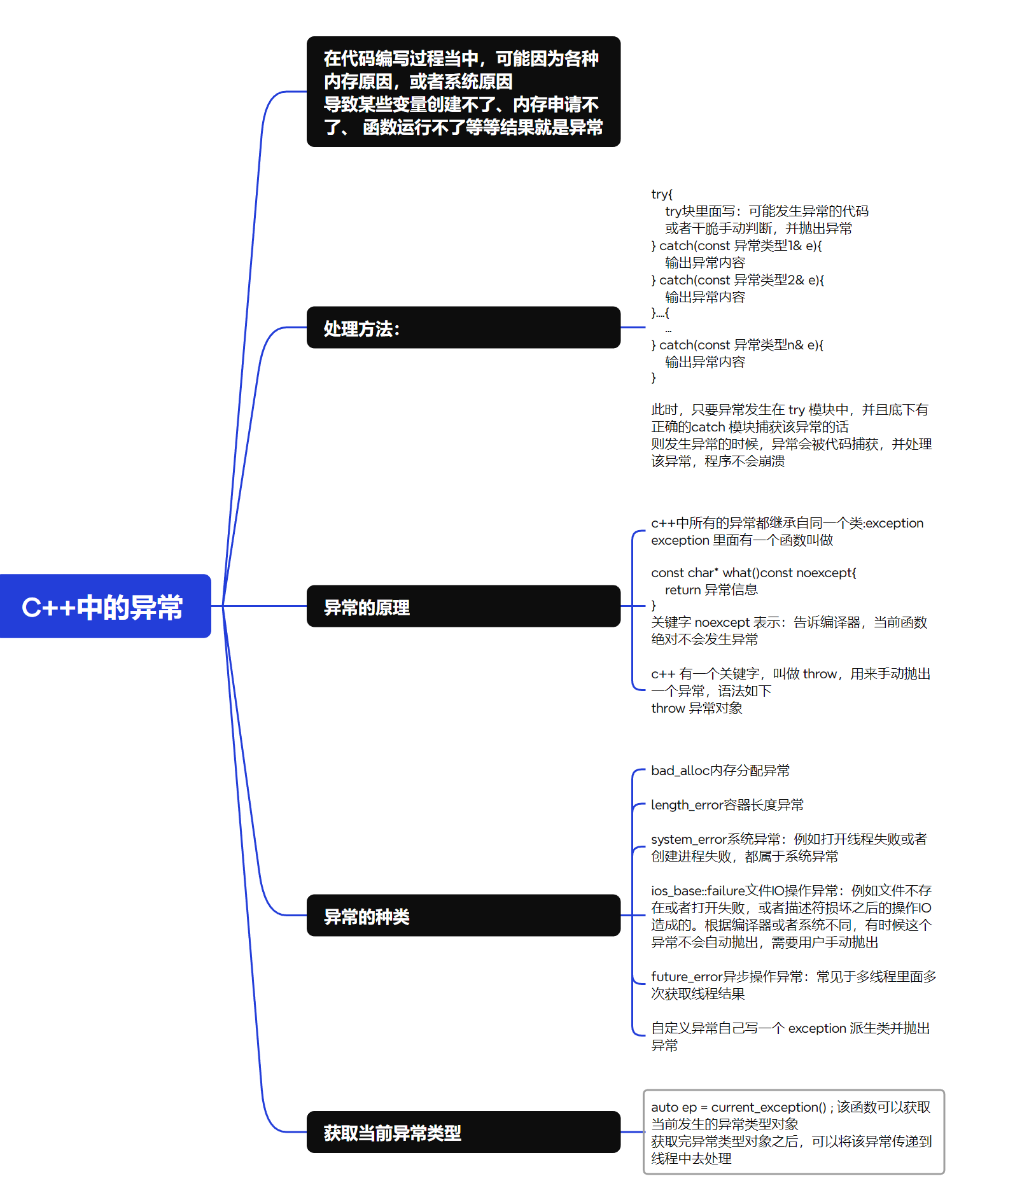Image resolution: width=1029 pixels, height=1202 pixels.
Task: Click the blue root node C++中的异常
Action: (x=105, y=606)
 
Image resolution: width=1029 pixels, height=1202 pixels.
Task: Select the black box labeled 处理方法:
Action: (x=463, y=328)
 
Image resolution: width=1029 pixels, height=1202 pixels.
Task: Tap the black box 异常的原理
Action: (x=463, y=606)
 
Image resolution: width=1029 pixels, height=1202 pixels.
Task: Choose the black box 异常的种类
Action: (x=463, y=915)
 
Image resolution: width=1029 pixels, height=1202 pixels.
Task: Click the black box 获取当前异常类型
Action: (x=463, y=1132)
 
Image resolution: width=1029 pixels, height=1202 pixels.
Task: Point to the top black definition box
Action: (x=463, y=92)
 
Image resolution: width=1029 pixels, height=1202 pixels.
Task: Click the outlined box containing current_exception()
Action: (x=793, y=1132)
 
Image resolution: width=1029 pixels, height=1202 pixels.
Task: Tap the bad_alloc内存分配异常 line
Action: (x=720, y=771)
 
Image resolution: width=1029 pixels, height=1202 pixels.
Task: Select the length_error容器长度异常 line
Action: (x=727, y=805)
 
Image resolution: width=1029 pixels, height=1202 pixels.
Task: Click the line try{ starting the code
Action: (x=662, y=194)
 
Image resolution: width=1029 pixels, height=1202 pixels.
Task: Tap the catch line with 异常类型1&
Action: (x=736, y=246)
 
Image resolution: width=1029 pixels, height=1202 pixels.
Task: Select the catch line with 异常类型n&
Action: (x=737, y=345)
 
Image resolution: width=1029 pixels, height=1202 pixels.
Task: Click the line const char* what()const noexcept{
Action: (x=753, y=573)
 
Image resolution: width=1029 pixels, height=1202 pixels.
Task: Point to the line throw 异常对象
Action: (x=696, y=708)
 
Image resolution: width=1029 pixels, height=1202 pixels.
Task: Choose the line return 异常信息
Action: (x=711, y=590)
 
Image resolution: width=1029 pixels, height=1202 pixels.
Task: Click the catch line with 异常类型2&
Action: (x=738, y=280)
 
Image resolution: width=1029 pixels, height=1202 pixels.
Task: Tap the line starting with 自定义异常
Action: (x=790, y=1028)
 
